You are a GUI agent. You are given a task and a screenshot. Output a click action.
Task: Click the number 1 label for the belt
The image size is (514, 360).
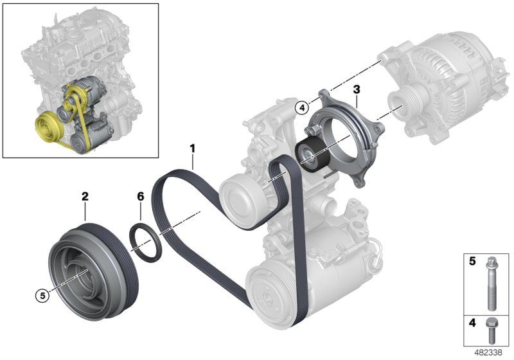coord(191,149)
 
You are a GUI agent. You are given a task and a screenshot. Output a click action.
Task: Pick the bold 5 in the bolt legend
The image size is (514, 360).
coord(472,262)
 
